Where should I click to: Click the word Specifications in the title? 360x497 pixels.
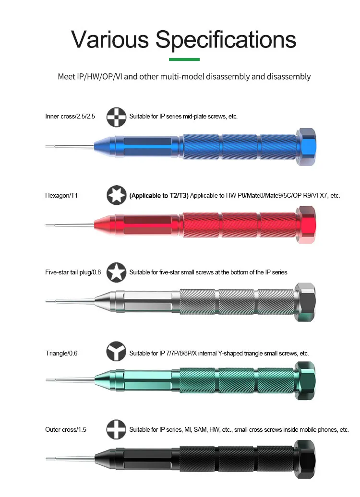(x=226, y=40)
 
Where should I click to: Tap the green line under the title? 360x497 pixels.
(x=184, y=59)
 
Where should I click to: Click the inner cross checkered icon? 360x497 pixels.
(x=117, y=117)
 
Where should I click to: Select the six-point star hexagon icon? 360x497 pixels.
(x=117, y=195)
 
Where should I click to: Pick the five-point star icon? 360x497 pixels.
(x=117, y=272)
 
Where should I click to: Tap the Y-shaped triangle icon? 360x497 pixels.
(x=117, y=351)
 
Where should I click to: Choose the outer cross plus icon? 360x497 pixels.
(x=117, y=429)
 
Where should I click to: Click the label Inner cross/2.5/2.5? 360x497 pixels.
(x=70, y=116)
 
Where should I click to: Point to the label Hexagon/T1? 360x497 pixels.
(x=61, y=195)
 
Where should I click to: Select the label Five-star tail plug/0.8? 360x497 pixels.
(x=73, y=272)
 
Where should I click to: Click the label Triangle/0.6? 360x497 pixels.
(x=61, y=353)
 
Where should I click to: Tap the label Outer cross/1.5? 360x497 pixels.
(x=66, y=429)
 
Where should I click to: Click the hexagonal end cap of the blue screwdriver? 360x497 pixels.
(x=306, y=147)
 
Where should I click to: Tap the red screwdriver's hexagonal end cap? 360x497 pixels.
(x=306, y=225)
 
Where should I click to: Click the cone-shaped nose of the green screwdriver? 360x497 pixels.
(x=105, y=380)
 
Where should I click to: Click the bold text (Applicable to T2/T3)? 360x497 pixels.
(x=159, y=196)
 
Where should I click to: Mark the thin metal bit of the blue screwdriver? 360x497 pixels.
(x=70, y=146)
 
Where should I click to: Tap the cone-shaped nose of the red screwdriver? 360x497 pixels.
(x=105, y=225)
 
